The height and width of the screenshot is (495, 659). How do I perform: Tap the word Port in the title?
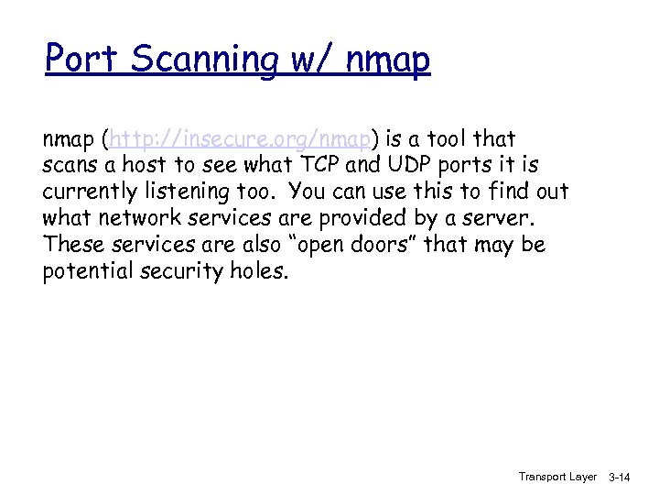coord(83,60)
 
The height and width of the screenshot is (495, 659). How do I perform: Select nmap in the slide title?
coord(389,60)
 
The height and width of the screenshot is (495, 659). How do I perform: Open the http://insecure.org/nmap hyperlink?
coord(240,139)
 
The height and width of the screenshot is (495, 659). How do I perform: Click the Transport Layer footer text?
coord(557,477)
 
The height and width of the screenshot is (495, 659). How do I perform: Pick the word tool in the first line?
coord(443,139)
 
